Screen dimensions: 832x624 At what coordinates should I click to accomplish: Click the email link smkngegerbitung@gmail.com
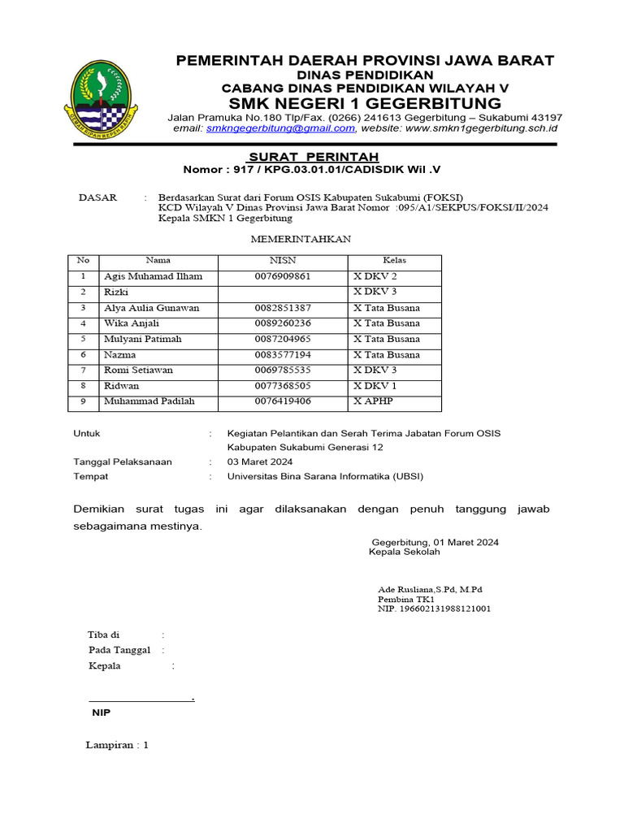pos(280,128)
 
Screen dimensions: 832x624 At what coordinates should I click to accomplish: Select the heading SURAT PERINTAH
pos(301,156)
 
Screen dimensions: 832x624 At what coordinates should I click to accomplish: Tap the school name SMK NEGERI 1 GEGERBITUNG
pos(365,103)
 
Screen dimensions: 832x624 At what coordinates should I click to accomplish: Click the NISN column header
pos(283,261)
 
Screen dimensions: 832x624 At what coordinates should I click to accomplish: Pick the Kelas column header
pos(394,261)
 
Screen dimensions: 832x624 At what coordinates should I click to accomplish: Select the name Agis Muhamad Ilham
pos(153,276)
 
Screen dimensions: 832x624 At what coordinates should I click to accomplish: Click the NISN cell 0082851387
pos(283,308)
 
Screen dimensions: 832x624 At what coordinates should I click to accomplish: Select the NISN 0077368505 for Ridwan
pos(283,386)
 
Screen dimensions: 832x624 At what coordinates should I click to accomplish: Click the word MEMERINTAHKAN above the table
pos(301,240)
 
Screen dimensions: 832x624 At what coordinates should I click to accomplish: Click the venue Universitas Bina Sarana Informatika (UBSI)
pos(325,476)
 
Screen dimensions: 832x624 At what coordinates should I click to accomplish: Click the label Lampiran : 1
pos(117,745)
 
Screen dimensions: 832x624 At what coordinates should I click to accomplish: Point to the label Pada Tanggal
pos(119,650)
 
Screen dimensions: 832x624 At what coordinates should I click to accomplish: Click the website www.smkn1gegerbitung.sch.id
pos(481,128)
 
